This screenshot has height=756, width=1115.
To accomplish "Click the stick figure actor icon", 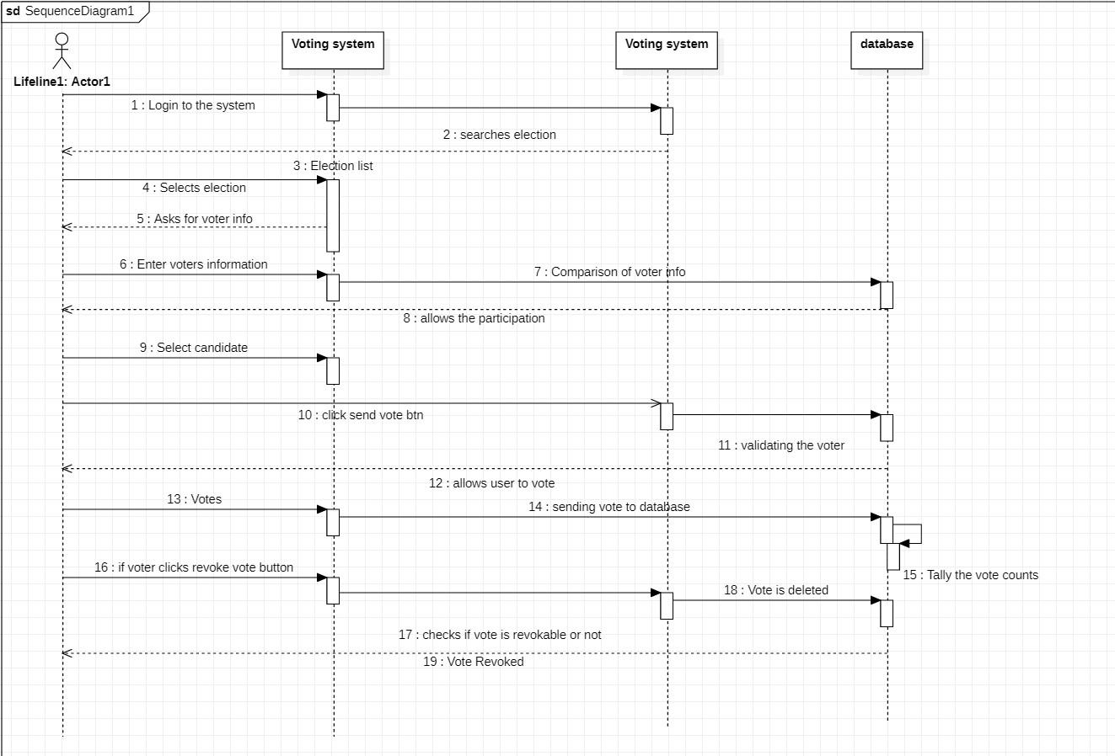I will click(62, 51).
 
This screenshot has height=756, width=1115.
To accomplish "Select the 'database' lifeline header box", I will click(887, 51).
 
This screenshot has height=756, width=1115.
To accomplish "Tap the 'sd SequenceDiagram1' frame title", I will click(71, 11).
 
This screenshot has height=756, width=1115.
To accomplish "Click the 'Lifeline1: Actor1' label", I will click(62, 82).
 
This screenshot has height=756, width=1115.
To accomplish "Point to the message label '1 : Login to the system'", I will click(193, 105).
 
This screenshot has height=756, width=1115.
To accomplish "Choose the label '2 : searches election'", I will click(500, 135).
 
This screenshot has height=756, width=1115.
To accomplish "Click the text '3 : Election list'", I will click(333, 166).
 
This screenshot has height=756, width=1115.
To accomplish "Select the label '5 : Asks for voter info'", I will click(195, 219).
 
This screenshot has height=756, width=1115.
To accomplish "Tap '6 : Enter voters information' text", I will click(194, 264).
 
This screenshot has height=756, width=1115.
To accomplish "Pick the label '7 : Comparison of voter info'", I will click(609, 272).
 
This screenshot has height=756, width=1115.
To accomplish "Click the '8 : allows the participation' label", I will click(474, 318).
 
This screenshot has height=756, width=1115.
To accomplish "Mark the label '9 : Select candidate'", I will click(194, 348).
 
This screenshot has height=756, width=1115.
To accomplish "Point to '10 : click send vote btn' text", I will click(361, 415).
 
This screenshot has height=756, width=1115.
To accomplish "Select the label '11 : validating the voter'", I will click(781, 445).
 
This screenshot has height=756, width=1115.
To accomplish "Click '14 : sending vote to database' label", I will click(609, 507).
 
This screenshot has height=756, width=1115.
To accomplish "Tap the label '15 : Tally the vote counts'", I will click(971, 575).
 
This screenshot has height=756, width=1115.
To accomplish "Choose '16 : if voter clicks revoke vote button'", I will click(194, 567).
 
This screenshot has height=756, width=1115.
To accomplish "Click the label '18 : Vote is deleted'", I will click(776, 590).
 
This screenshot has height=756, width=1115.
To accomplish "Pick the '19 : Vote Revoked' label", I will click(474, 662).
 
